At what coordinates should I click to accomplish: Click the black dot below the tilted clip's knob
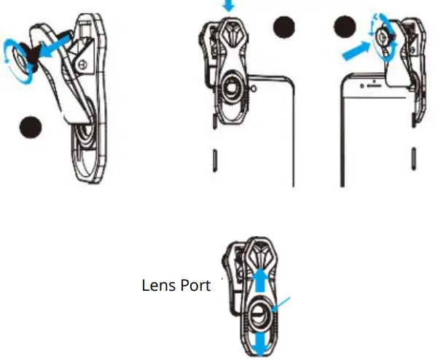click(x=31, y=127)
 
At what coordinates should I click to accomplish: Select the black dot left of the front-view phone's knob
click(x=344, y=28)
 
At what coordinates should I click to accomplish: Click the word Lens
click(x=157, y=286)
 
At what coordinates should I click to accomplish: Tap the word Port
click(x=194, y=286)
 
